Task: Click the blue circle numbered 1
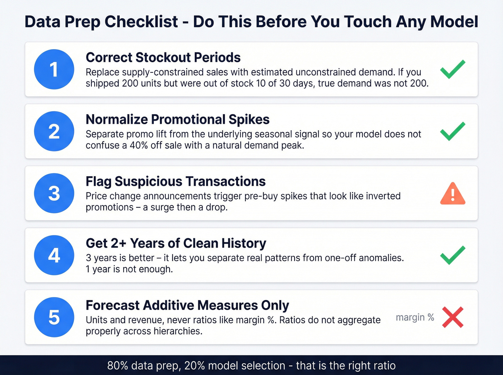pos(54,69)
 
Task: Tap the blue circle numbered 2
pos(54,131)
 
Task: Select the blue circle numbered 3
pos(54,193)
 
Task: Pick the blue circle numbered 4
pos(54,255)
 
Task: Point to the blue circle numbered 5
pos(54,317)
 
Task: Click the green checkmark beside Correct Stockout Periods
pos(453,69)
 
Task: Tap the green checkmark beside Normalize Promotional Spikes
pos(453,131)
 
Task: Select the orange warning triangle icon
pos(453,194)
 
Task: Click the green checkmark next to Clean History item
pos(453,255)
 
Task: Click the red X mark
pos(453,317)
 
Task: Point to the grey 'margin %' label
pos(415,318)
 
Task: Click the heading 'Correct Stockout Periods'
pos(163,57)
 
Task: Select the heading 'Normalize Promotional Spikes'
pos(177,119)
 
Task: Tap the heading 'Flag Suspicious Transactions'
pos(175,182)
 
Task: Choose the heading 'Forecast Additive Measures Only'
pos(187,305)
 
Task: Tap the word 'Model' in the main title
pos(454,22)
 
